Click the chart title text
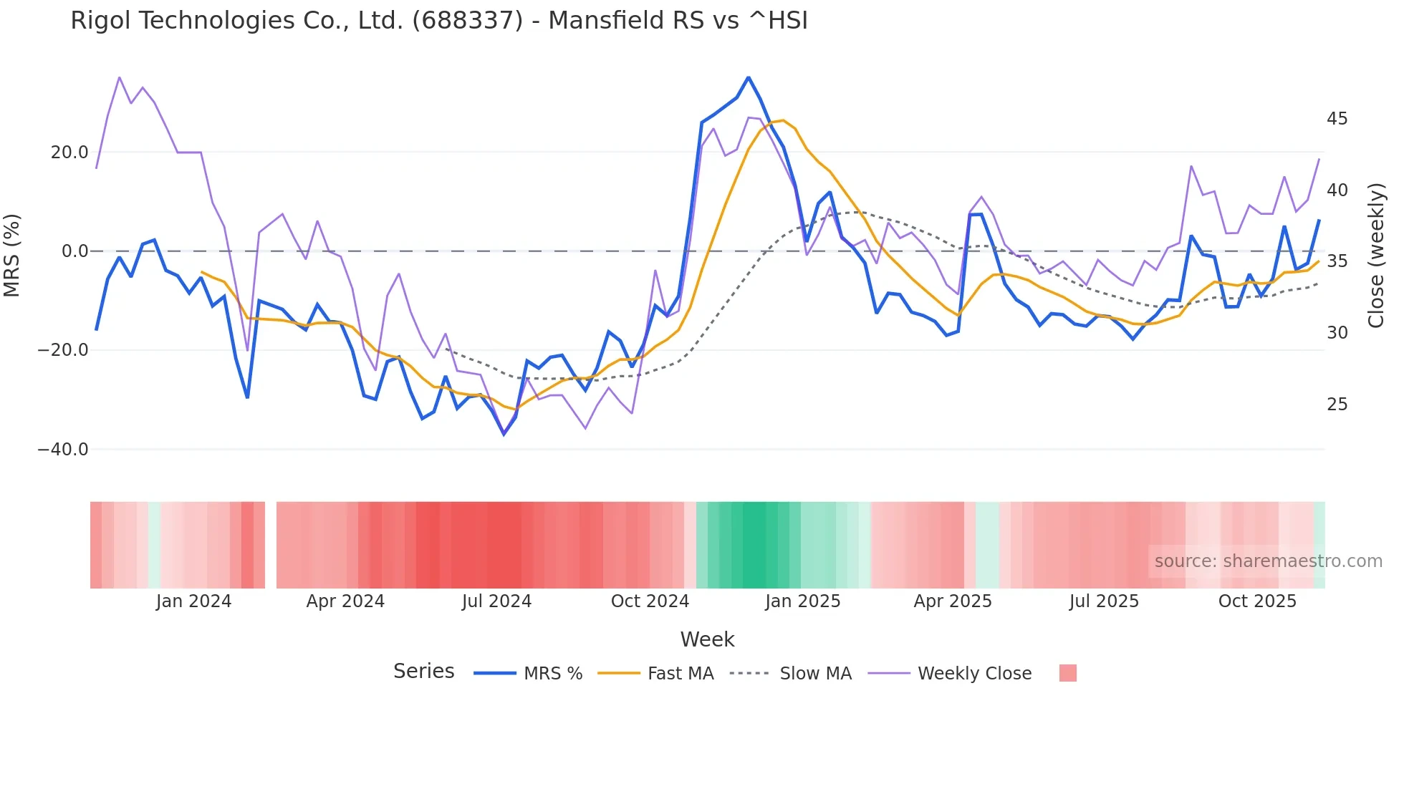click(438, 21)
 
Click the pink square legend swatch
click(1067, 673)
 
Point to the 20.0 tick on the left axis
click(69, 153)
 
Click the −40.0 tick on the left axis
click(63, 450)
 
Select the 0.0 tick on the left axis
click(74, 251)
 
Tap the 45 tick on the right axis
click(1337, 119)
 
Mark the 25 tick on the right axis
click(1337, 405)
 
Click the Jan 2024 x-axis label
click(193, 601)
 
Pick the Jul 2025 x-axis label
click(1104, 601)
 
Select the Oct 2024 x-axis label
click(650, 601)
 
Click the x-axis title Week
click(707, 639)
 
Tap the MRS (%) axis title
click(12, 256)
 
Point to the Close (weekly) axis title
click(1375, 256)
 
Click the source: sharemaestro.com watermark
click(1268, 561)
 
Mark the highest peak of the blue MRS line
click(749, 77)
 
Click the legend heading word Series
click(423, 672)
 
